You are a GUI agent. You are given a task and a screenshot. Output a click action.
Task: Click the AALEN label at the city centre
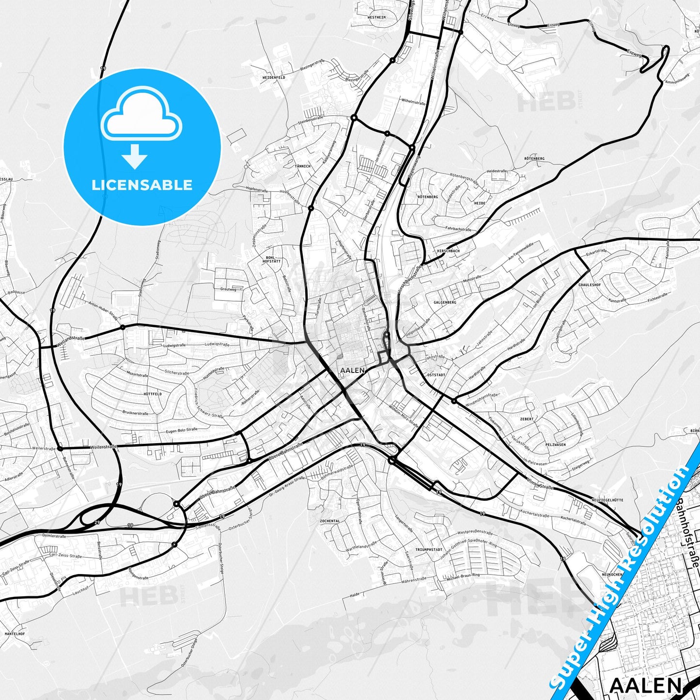[352, 370]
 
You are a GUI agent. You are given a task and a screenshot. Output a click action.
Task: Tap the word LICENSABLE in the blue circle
[142, 185]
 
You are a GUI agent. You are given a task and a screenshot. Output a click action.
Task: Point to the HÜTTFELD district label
[153, 394]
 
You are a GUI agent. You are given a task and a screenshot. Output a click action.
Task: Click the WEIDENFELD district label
[274, 78]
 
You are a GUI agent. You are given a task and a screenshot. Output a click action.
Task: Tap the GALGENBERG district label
[445, 302]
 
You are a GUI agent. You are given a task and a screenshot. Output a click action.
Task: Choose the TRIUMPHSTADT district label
[429, 550]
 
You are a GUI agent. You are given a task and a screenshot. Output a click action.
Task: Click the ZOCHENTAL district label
[330, 521]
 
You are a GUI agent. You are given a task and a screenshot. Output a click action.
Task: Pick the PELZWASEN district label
[556, 444]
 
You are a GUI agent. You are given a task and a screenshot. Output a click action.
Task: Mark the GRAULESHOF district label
[590, 285]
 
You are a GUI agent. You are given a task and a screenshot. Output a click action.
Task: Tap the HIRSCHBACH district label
[448, 251]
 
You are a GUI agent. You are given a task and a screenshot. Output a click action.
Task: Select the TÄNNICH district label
[303, 166]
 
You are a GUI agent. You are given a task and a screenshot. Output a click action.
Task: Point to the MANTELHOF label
[15, 634]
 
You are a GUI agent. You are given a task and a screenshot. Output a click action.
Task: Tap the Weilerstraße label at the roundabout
[103, 446]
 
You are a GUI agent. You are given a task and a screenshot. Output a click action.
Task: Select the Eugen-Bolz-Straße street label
[182, 430]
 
